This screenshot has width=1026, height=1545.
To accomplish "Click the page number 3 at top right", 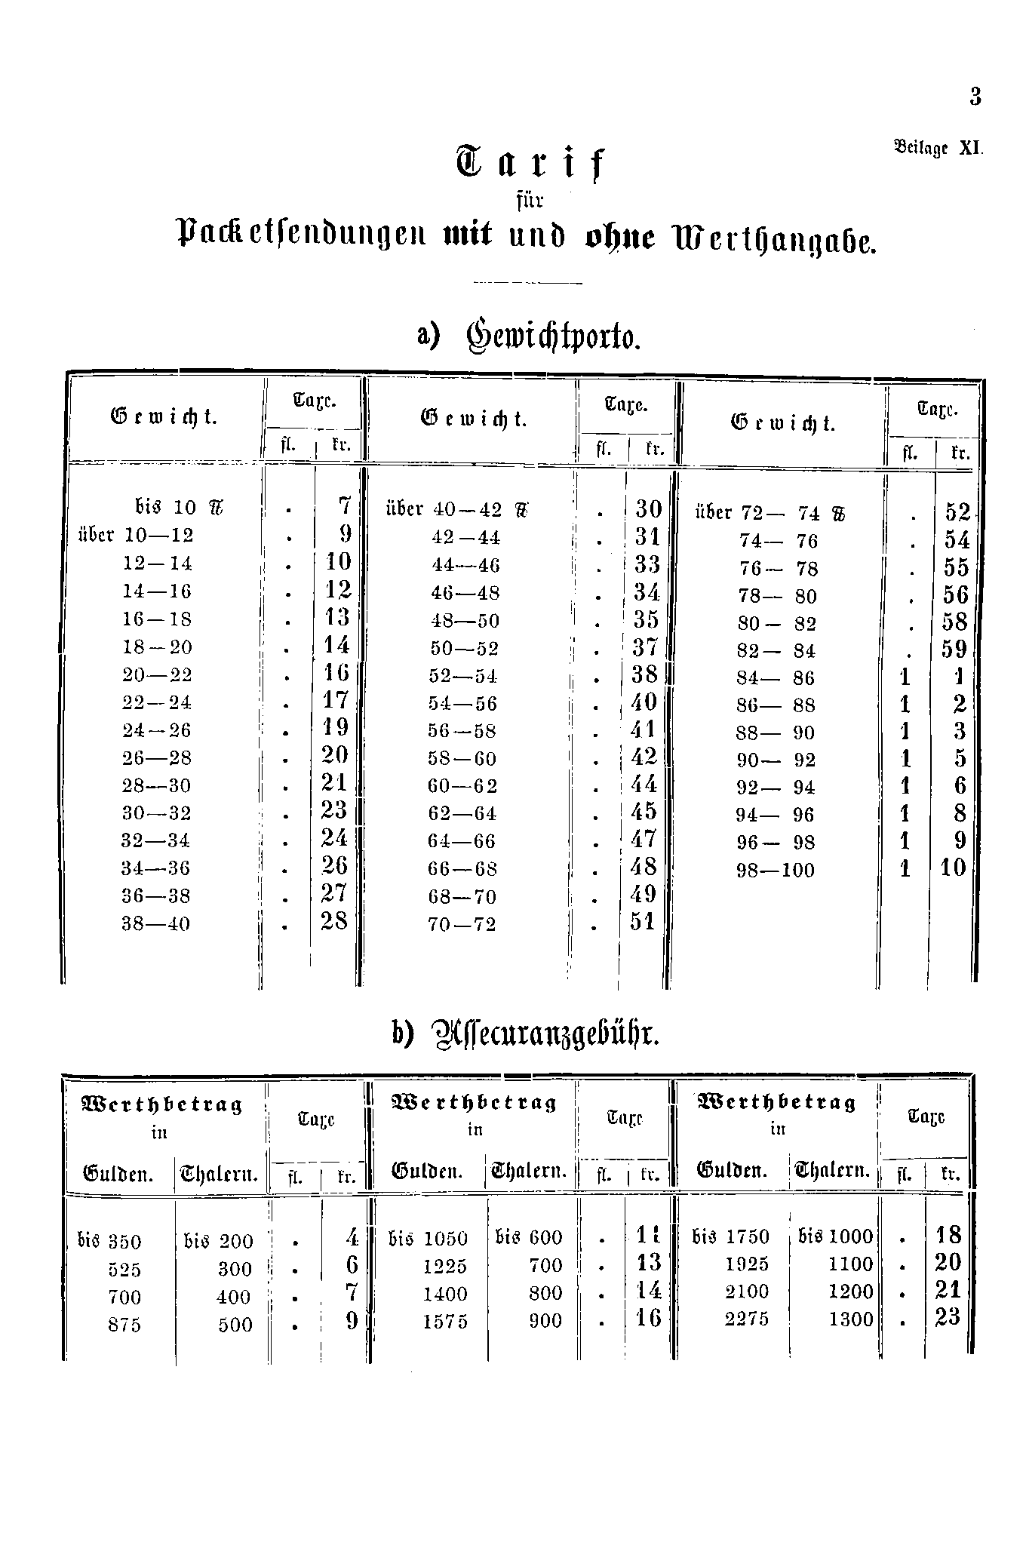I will point(975,97).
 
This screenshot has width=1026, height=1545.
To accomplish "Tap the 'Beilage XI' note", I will point(938,148).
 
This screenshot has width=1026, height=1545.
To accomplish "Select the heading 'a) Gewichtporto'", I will point(529,335).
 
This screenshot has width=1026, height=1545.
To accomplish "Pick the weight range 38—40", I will point(156,924).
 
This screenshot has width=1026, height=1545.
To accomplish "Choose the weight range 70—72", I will point(462,924).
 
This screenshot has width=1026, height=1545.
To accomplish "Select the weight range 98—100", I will point(776,871).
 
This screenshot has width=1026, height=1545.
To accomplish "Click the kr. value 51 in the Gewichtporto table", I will point(643,922).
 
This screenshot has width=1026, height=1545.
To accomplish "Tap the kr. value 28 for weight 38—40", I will point(334,922).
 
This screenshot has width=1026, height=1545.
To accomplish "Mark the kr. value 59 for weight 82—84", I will point(954,650).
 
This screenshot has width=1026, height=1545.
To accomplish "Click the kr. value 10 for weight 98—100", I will point(953,868).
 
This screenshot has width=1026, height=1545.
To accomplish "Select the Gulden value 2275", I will point(747,1319).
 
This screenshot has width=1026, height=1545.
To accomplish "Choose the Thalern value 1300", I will point(851,1319).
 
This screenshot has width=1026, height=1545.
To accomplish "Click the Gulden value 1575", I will point(445,1322).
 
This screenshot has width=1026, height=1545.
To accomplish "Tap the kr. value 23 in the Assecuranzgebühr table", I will point(948,1317).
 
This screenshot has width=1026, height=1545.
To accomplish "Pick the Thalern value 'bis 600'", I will point(529,1238).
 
